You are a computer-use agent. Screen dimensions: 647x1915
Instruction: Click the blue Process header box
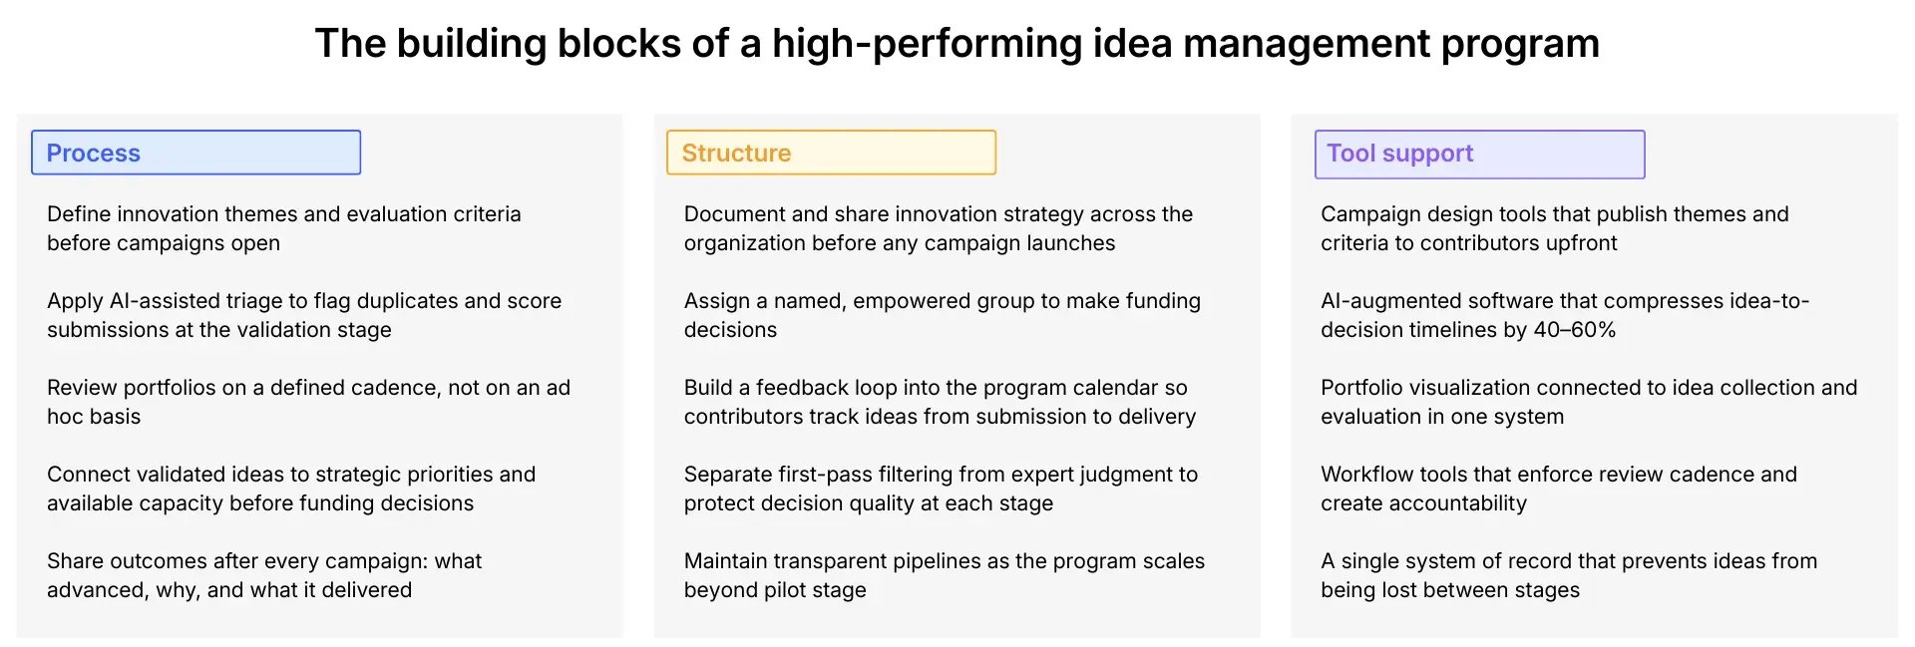coord(195,153)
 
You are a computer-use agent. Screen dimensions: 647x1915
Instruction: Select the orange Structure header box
coord(831,153)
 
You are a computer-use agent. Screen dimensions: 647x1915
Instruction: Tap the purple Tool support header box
coord(1479,155)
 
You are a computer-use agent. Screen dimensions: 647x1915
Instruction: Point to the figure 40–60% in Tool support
coord(1575,330)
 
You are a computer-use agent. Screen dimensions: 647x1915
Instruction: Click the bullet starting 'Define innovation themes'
coord(283,228)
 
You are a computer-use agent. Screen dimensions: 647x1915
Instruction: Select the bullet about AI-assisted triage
coord(303,315)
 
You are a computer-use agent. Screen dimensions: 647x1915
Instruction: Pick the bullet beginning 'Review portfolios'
coord(307,402)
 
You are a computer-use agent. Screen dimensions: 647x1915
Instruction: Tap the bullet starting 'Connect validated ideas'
coord(290,488)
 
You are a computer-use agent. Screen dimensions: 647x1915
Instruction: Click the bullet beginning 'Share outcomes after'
coord(263,575)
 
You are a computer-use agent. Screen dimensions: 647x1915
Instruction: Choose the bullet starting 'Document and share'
coord(938,228)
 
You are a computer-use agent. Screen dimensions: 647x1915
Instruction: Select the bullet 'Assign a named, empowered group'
coord(942,315)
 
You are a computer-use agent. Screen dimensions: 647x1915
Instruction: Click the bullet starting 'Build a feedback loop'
coord(939,402)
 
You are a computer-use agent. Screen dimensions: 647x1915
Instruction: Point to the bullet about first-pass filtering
coord(940,488)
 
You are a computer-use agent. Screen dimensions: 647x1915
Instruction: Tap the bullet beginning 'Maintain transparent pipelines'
coord(944,575)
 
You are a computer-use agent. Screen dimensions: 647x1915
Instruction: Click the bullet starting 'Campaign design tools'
coord(1554,228)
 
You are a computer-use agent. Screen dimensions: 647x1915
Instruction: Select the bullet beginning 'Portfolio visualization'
coord(1588,402)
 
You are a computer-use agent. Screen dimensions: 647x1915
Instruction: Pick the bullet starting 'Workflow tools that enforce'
coord(1558,488)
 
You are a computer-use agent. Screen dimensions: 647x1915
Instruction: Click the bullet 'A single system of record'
coord(1568,575)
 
